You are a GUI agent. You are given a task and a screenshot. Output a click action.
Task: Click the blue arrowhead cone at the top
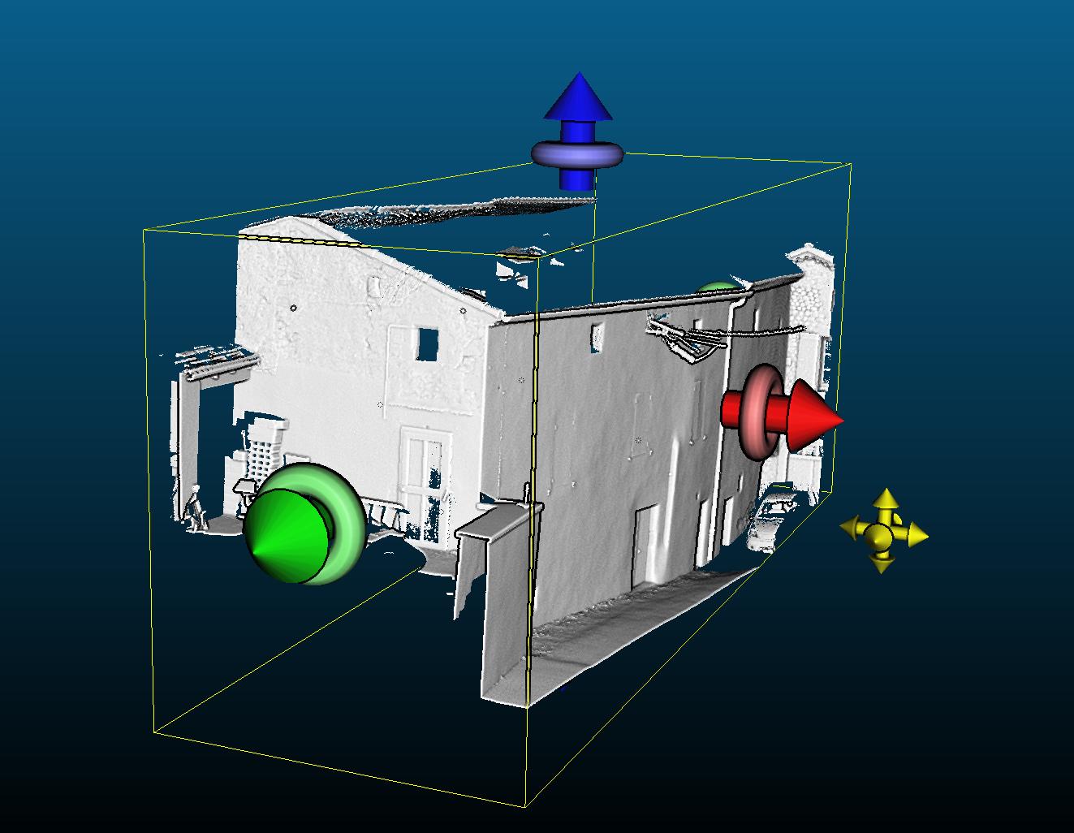point(578,97)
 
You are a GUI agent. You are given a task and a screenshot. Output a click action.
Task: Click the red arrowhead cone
point(813,416)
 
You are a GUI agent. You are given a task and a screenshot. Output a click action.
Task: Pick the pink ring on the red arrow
point(763,410)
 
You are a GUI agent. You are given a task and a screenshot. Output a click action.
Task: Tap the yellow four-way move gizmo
point(883,532)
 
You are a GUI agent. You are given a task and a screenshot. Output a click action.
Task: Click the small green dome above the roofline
point(715,287)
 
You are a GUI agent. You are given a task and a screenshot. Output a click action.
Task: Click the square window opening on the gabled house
point(426,344)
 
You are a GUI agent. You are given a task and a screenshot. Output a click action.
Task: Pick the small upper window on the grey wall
point(597,335)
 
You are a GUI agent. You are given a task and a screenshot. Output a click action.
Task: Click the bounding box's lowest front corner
point(525,807)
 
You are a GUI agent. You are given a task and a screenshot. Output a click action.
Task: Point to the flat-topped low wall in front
point(495,520)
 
